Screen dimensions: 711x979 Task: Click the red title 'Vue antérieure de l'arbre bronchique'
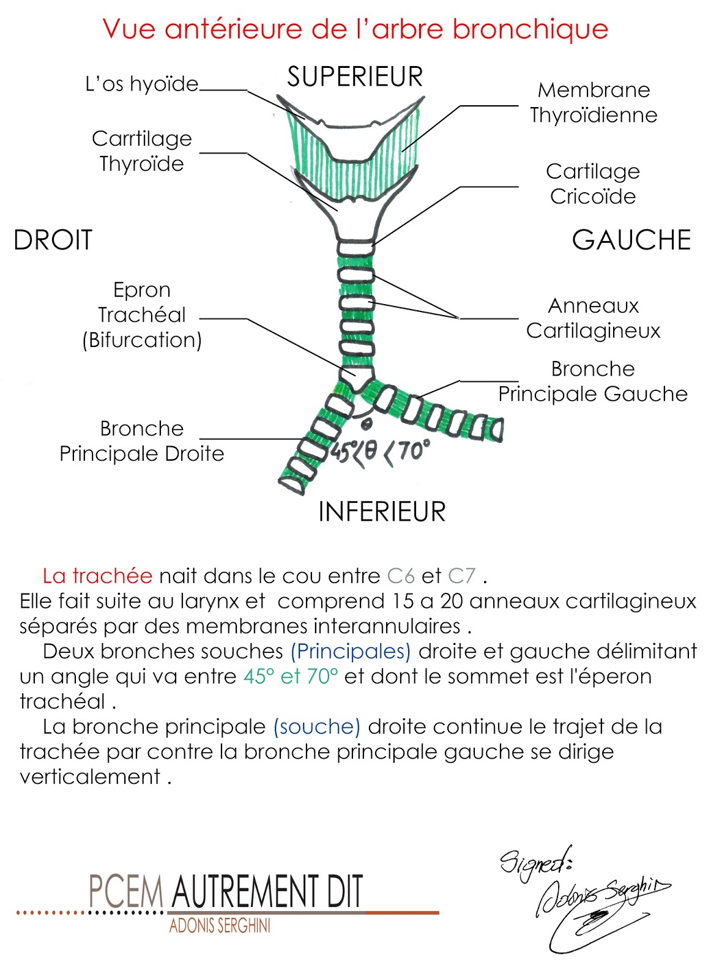pyautogui.click(x=355, y=29)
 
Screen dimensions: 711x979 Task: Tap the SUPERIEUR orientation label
pyautogui.click(x=355, y=77)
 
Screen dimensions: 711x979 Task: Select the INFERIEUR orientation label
pyautogui.click(x=382, y=512)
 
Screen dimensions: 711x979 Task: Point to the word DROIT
pyautogui.click(x=53, y=240)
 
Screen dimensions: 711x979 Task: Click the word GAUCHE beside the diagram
pyautogui.click(x=631, y=240)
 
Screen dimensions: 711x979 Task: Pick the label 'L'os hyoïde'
pyautogui.click(x=142, y=84)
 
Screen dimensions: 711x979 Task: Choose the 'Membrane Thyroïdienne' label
pyautogui.click(x=593, y=102)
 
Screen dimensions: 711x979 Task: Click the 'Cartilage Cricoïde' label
pyautogui.click(x=592, y=184)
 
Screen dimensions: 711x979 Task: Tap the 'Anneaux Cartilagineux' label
pyautogui.click(x=593, y=318)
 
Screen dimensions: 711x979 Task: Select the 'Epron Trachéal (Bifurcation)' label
pyautogui.click(x=142, y=315)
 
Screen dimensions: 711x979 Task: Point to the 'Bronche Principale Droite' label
pyautogui.click(x=142, y=441)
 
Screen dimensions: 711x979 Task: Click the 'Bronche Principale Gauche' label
pyautogui.click(x=592, y=381)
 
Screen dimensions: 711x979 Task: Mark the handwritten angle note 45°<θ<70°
pyautogui.click(x=380, y=453)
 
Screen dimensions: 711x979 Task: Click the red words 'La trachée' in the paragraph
pyautogui.click(x=97, y=576)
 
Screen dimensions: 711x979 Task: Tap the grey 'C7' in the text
pyautogui.click(x=461, y=576)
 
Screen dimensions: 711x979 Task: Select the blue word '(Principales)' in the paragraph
pyautogui.click(x=350, y=651)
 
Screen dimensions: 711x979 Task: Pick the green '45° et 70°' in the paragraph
pyautogui.click(x=291, y=676)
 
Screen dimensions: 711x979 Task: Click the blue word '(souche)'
pyautogui.click(x=316, y=726)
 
